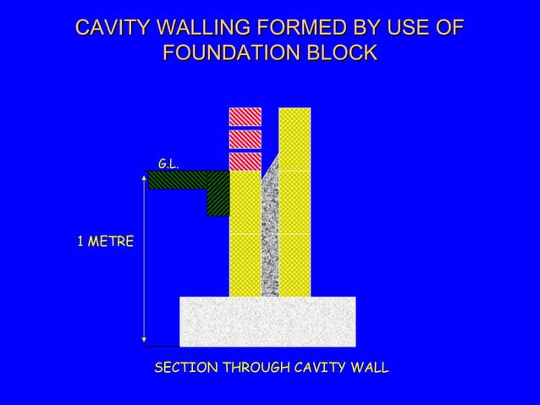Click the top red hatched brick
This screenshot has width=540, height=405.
(x=245, y=116)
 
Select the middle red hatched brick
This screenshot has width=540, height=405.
(x=245, y=138)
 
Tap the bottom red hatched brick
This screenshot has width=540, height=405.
(x=245, y=161)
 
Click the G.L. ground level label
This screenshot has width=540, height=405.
(x=168, y=162)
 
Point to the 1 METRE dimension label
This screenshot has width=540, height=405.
(x=105, y=242)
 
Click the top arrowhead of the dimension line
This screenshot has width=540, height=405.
(x=144, y=178)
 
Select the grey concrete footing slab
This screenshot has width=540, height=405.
(x=267, y=322)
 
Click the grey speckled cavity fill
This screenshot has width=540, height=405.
(x=270, y=237)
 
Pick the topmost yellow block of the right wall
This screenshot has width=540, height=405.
(x=295, y=139)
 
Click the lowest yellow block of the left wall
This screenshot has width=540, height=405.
(x=245, y=265)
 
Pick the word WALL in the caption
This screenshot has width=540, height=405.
(x=368, y=369)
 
